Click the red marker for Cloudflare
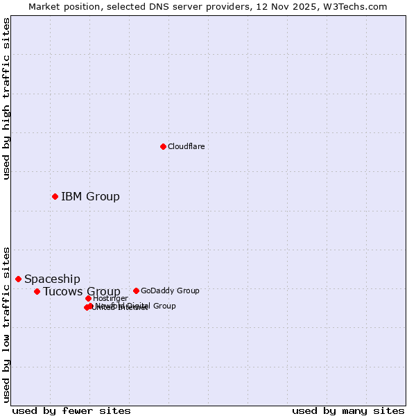click(163, 146)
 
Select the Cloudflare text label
click(186, 146)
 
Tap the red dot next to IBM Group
click(55, 196)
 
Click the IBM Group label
click(90, 196)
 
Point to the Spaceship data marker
click(18, 279)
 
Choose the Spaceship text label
click(52, 279)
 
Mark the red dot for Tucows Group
click(37, 291)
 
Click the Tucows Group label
click(81, 291)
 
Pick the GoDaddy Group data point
click(136, 291)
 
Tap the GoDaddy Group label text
click(170, 291)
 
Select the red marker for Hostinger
click(88, 298)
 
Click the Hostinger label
click(110, 298)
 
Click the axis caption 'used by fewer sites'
click(71, 410)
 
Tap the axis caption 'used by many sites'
click(348, 410)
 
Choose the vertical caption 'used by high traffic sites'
click(6, 98)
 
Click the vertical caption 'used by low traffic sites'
click(6, 324)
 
